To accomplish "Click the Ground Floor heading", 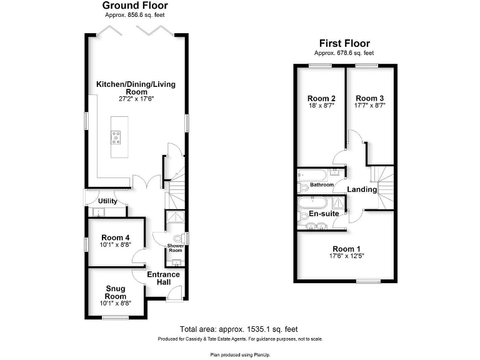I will [x=135, y=6].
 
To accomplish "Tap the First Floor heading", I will [x=344, y=44].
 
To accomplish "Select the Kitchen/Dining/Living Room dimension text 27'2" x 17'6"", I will [x=135, y=99].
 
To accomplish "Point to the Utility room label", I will [x=107, y=201].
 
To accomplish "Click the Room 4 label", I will [x=116, y=237].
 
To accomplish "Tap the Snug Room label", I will [x=116, y=292].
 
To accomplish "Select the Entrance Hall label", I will [x=163, y=279].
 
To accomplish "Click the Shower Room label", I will [x=174, y=248].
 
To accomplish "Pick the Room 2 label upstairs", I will [x=321, y=98].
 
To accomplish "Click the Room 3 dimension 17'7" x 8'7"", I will [x=370, y=106].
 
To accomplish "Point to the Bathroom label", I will [x=322, y=185].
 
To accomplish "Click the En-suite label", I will [x=324, y=214].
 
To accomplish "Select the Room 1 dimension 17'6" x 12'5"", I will [x=346, y=256].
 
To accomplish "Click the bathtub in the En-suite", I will [x=311, y=202].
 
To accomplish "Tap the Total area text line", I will [x=239, y=329].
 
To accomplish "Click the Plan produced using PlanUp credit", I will [x=239, y=354].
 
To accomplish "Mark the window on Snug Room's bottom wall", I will [x=114, y=318].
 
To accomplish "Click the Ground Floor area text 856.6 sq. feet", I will [x=135, y=15].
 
